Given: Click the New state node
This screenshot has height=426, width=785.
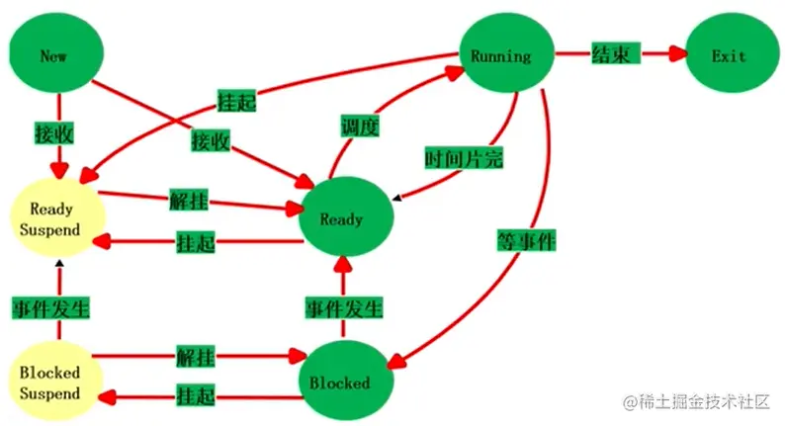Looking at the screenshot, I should pyautogui.click(x=54, y=55).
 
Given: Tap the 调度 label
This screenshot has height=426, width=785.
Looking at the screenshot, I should pyautogui.click(x=359, y=127).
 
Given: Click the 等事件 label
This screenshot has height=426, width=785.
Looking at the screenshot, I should pyautogui.click(x=527, y=238).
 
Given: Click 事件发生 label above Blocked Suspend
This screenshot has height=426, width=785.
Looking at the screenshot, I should pyautogui.click(x=50, y=306).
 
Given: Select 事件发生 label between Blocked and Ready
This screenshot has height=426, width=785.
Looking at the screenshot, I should pyautogui.click(x=342, y=306).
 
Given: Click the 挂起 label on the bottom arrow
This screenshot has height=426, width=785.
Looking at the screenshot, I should pyautogui.click(x=195, y=395).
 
